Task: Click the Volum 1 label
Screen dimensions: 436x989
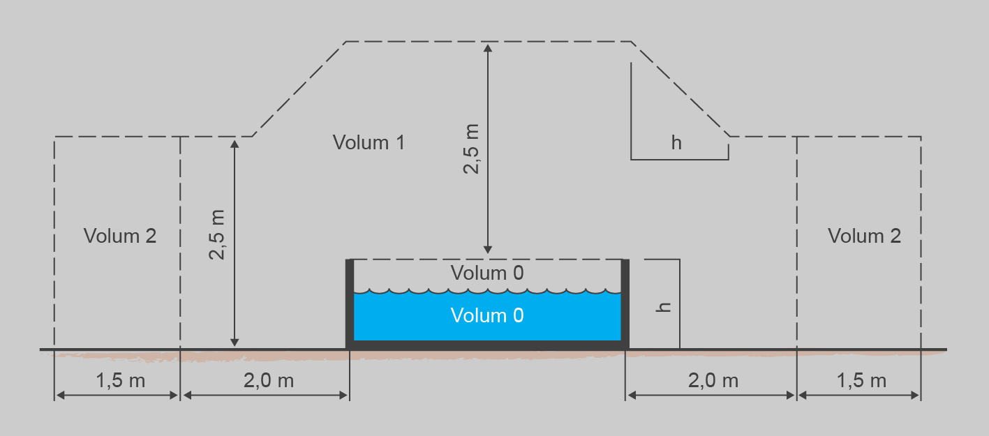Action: click(369, 143)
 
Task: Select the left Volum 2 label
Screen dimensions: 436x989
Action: click(120, 236)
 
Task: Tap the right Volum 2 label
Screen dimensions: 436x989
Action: click(864, 236)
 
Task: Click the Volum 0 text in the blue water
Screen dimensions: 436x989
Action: click(487, 316)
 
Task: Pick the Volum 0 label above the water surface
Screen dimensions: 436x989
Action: click(487, 273)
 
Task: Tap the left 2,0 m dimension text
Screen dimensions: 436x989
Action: click(269, 381)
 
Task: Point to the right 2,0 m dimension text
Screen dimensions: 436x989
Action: click(713, 381)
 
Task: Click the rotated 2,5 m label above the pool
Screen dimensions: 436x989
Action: click(473, 148)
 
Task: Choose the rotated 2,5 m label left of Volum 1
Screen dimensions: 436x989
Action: click(218, 234)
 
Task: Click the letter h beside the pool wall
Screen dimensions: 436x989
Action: click(666, 305)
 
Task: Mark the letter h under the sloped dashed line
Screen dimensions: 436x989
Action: click(676, 143)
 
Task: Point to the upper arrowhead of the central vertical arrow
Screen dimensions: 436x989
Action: click(488, 47)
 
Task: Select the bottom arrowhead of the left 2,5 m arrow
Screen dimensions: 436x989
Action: click(235, 342)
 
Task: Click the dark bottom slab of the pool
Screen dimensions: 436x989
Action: click(487, 345)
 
